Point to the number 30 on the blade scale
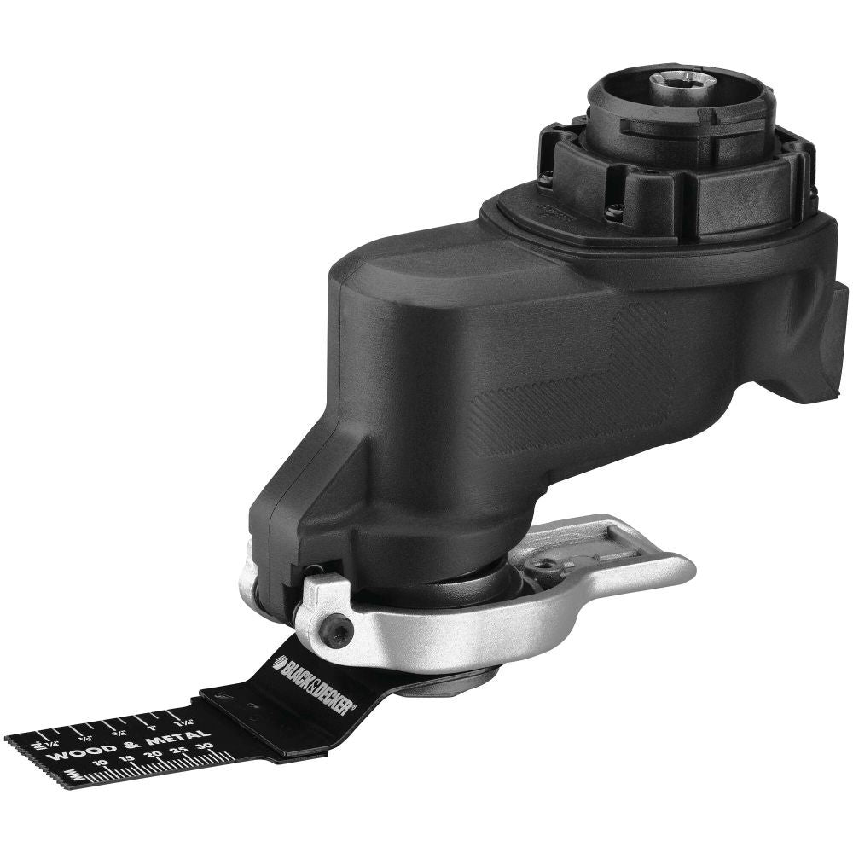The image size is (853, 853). [204, 745]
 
